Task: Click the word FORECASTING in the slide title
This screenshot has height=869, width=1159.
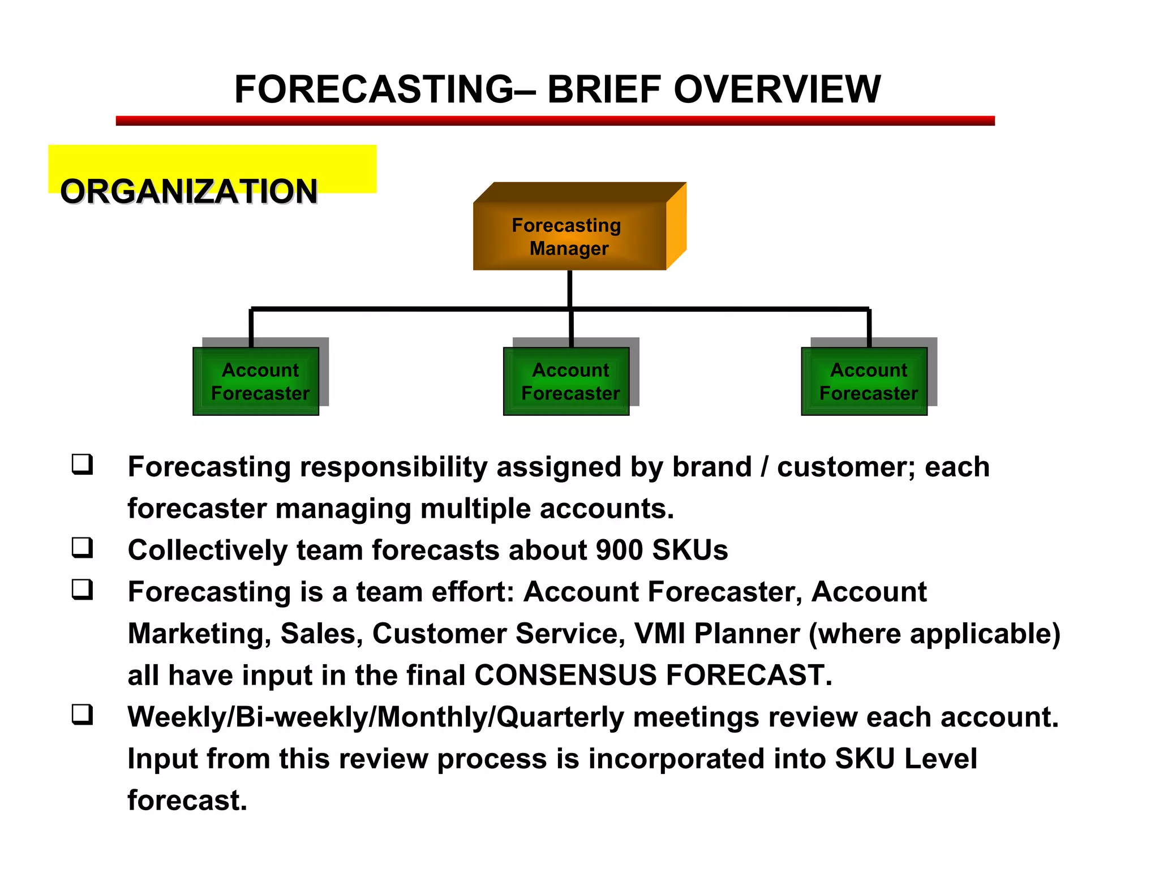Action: coord(374,89)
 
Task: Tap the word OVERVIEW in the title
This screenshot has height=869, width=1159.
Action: coord(776,89)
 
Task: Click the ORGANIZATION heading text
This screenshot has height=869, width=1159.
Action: coord(188,191)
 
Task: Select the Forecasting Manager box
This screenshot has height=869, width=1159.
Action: coord(569,237)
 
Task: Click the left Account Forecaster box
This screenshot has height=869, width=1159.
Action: coord(256,381)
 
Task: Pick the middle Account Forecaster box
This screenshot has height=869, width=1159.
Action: coord(566,381)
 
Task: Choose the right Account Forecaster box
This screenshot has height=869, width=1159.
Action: coord(864,381)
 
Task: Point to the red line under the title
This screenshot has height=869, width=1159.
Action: coord(555,121)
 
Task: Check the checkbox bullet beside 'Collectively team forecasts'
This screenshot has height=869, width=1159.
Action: coord(82,548)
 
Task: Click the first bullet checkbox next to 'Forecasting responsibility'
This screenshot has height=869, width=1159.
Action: coord(82,464)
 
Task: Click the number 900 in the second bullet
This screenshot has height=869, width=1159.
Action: coord(619,550)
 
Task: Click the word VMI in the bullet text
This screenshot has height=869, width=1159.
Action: coord(659,634)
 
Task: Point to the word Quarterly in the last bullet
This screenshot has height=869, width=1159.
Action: coord(560,717)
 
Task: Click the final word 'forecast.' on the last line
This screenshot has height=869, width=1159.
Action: coord(187,801)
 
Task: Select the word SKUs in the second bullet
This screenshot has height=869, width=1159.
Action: coord(690,550)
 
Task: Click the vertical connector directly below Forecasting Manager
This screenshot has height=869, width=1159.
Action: coord(570,289)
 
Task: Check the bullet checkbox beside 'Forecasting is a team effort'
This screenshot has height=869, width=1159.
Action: coord(82,590)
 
